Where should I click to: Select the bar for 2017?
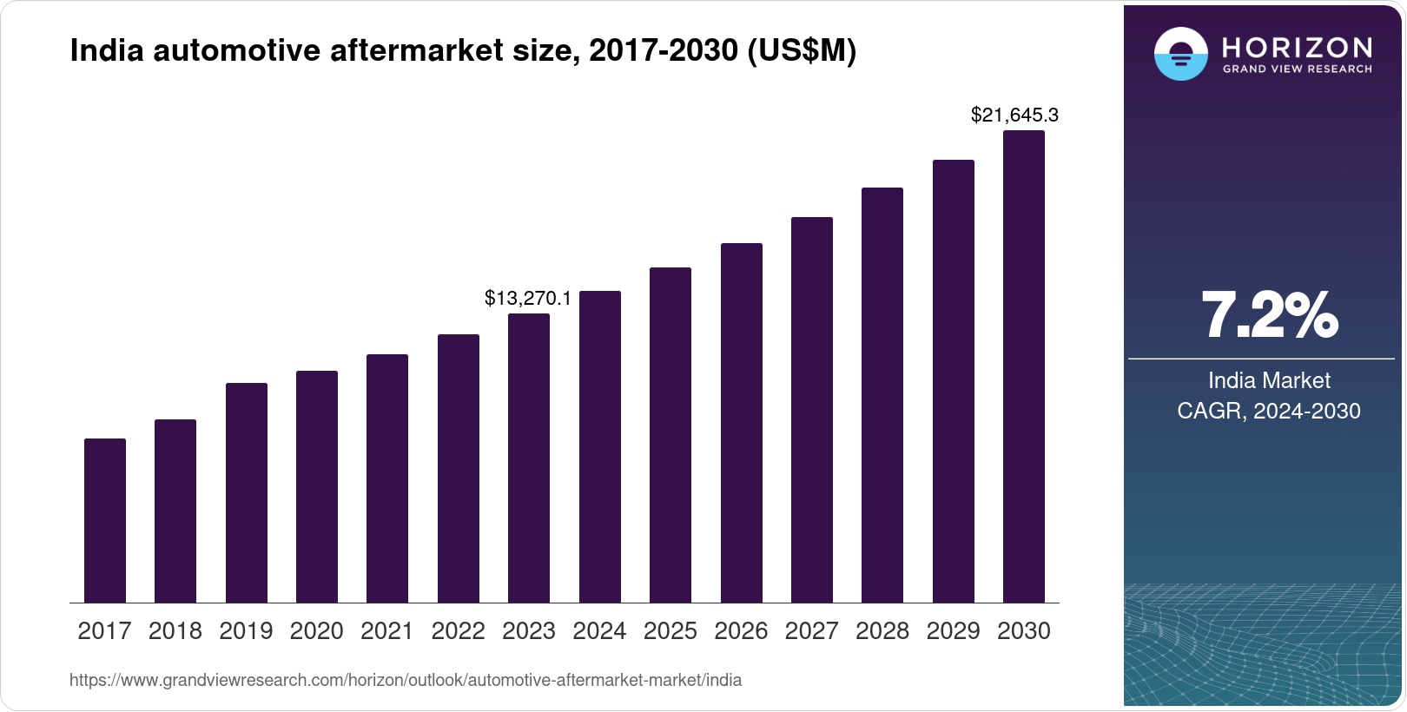105,521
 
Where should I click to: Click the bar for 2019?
247,493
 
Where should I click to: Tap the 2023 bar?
529,458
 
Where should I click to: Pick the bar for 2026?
742,423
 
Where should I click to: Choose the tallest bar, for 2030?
1024,366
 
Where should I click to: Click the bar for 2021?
387,478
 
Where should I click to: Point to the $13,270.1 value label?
528,299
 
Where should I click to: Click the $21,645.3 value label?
1014,115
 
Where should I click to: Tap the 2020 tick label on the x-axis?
317,631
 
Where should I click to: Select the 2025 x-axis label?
670,631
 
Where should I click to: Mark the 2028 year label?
882,631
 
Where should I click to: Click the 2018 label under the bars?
175,631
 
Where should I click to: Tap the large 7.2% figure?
1269,316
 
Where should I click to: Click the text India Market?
1269,380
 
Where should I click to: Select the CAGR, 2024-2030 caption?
1269,411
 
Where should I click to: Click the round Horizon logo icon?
1180,54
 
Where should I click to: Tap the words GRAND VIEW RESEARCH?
1298,69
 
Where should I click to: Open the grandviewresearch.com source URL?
406,680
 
